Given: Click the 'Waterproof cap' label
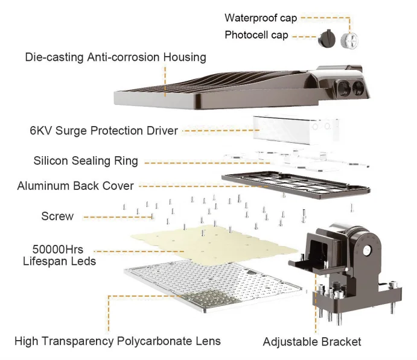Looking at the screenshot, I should (x=261, y=18).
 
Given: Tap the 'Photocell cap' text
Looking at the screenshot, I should (x=256, y=35).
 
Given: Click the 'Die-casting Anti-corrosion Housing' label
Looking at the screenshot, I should (x=115, y=58).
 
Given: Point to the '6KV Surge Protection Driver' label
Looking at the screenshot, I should (x=104, y=130).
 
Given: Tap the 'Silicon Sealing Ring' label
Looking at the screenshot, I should (x=86, y=162).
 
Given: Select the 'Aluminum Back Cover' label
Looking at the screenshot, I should (x=75, y=186).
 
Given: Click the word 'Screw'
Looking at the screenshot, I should (x=57, y=216).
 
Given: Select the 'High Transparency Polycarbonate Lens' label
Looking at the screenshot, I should (x=118, y=341).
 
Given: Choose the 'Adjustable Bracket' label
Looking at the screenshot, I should (x=311, y=342).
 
